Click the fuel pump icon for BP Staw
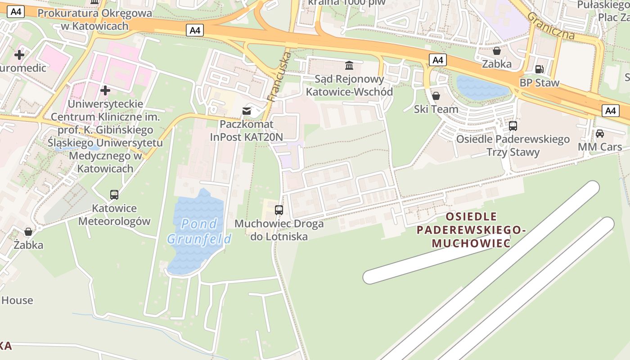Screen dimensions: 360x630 coord(539,69)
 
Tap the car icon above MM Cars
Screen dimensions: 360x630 coord(600,134)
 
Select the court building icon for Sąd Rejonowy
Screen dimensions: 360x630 coord(349,66)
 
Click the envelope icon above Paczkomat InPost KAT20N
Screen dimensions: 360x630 coord(247,111)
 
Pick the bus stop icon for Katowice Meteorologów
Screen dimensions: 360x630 coord(114,195)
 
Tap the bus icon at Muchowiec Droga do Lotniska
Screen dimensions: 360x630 coord(279,210)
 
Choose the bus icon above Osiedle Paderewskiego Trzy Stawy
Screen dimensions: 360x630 coord(513,126)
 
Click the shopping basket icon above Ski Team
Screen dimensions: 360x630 coord(436,96)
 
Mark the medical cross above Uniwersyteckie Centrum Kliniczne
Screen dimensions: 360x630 coord(105,90)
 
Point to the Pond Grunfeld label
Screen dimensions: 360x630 coord(199,231)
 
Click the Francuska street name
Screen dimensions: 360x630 coord(279,76)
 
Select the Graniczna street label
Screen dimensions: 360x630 coord(551,26)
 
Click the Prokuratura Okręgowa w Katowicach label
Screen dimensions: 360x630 coord(94,19)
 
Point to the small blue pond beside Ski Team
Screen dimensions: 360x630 coord(481,87)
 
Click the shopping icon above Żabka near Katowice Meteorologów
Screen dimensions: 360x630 coord(28,232)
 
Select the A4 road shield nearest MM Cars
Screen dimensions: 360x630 coord(610,111)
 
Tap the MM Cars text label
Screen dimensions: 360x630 coord(600,147)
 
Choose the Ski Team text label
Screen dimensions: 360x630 coord(436,109)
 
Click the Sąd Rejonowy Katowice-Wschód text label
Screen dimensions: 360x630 coord(349,85)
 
